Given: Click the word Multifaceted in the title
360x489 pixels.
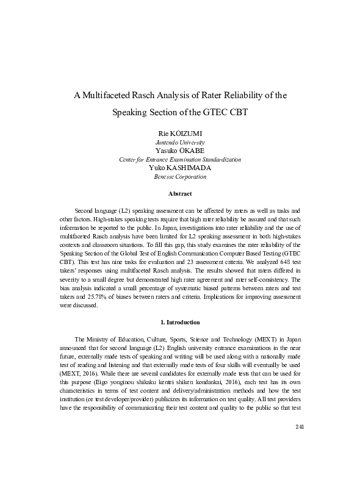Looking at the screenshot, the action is click(x=113, y=95).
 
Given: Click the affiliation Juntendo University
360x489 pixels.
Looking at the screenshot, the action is click(x=180, y=141).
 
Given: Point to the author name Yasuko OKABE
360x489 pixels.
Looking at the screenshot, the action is click(x=180, y=150).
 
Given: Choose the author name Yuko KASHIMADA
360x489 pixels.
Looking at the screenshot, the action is click(x=180, y=168).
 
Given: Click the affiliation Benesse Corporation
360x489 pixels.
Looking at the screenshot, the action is click(x=180, y=177).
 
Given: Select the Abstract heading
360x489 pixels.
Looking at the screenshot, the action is click(x=180, y=194).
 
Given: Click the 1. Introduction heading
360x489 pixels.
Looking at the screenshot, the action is click(x=180, y=321).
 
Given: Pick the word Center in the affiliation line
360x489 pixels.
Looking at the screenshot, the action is click(x=128, y=159).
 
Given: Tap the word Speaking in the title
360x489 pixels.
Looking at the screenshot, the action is click(x=131, y=113).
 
